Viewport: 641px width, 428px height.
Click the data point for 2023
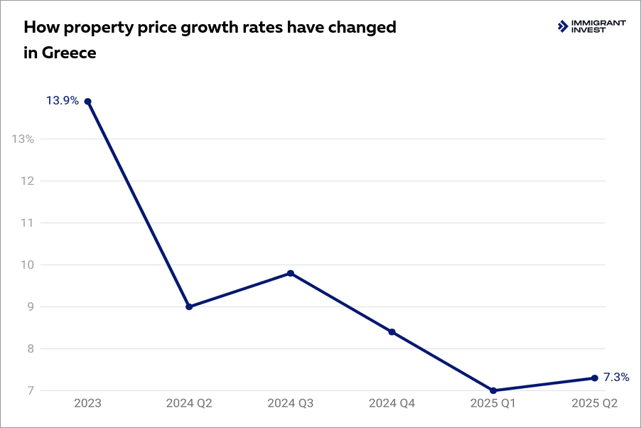pos(87,101)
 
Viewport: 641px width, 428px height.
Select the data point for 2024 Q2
pos(189,306)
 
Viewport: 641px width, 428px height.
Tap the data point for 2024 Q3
pos(291,273)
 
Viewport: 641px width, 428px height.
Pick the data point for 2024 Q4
pos(392,332)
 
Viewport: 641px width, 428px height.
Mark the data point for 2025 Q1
pos(493,390)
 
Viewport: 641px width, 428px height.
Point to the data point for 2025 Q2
pos(595,378)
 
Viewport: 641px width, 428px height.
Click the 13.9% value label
pos(63,101)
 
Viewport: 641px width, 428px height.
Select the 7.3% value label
pos(616,378)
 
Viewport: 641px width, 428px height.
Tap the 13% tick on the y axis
pos(23,139)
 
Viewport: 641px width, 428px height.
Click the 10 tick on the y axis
pos(27,264)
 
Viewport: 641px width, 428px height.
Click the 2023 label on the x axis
pos(87,404)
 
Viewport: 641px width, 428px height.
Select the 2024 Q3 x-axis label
pos(291,404)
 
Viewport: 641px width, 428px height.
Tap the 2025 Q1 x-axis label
pos(493,404)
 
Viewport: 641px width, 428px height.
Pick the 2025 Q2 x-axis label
pos(595,404)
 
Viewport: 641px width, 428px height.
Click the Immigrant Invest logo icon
pos(563,27)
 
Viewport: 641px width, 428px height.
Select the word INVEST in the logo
pos(589,31)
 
